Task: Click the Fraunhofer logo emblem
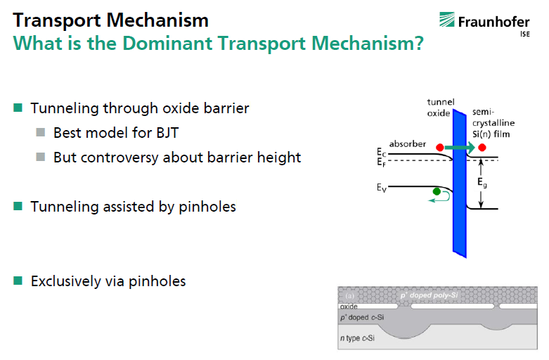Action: (x=447, y=20)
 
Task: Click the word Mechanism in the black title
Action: (x=157, y=20)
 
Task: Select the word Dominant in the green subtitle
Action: (x=167, y=44)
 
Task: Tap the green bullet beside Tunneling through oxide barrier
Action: (x=18, y=107)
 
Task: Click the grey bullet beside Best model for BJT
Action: (x=41, y=132)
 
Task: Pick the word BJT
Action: (x=167, y=133)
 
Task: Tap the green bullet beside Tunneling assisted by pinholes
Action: (x=18, y=206)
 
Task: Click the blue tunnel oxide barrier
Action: (x=459, y=184)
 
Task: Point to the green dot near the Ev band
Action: (x=437, y=191)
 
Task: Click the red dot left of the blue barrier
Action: (x=440, y=148)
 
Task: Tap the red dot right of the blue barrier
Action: (x=482, y=148)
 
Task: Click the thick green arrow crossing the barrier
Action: (x=459, y=148)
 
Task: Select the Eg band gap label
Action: (x=482, y=182)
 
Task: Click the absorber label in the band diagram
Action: (x=408, y=144)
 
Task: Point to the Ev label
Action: (x=382, y=188)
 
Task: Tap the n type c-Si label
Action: (x=357, y=338)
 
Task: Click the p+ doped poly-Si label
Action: (x=429, y=295)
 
